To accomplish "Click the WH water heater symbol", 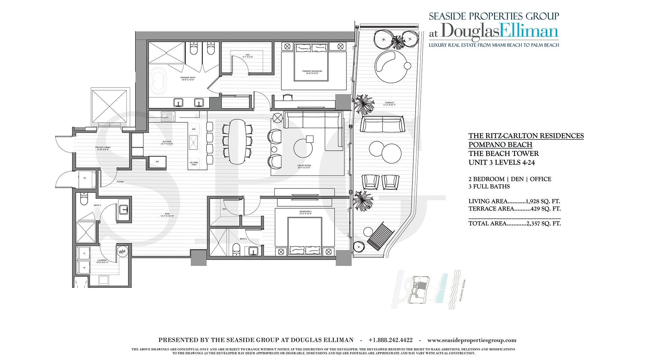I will point(122,251).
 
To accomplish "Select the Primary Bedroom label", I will point(312,72).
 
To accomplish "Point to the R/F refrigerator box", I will point(157,162).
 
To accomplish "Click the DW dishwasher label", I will point(194,129).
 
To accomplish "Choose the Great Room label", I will point(304,166).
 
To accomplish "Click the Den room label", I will point(167,215).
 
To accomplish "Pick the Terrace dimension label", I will point(389,104).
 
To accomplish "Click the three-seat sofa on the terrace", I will point(382,124).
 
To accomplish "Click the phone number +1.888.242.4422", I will point(391,340).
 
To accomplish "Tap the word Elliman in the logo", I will point(529,31).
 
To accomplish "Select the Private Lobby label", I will point(103,148).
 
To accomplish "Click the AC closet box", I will point(85,178).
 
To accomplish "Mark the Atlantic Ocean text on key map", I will point(462,290).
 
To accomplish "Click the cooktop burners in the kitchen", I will point(168,116).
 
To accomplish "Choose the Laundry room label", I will point(102,261).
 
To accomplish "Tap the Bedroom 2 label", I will point(305,213).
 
